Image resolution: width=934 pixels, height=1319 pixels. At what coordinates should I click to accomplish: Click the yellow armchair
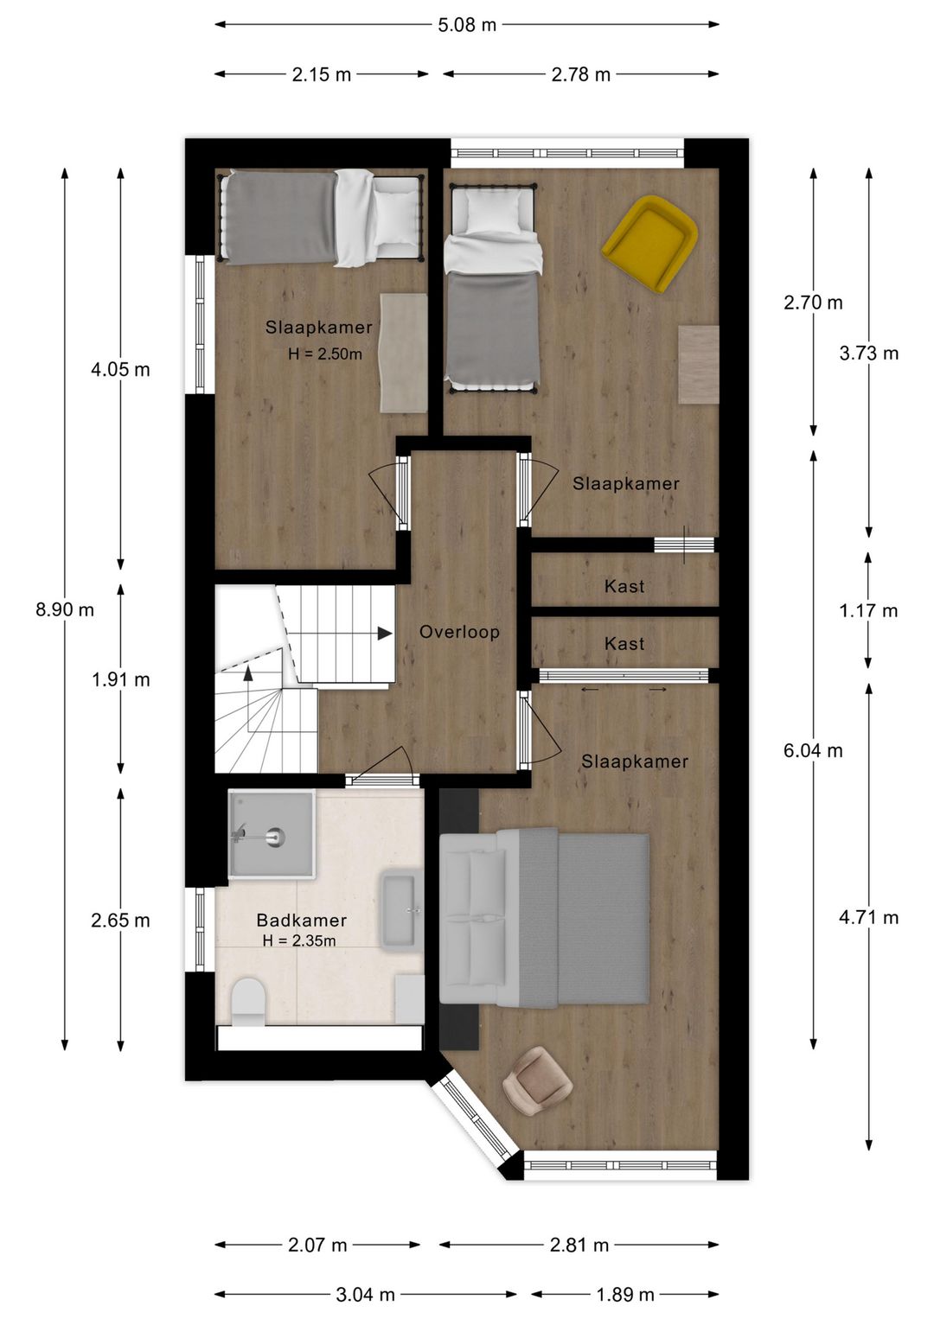[x=650, y=243]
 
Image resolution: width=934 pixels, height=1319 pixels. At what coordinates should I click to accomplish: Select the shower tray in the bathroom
[x=270, y=834]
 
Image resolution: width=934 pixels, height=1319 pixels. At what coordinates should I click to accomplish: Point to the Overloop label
[x=459, y=632]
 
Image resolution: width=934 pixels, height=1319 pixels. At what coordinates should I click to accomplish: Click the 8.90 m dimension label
[x=65, y=609]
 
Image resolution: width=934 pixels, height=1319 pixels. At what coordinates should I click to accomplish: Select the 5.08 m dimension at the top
[x=467, y=25]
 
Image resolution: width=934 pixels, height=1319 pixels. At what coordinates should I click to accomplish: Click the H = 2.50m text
[x=324, y=354]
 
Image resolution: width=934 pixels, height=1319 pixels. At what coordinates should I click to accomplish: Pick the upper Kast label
[x=624, y=586]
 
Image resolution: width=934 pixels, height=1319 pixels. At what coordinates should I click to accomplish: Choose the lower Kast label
[x=624, y=643]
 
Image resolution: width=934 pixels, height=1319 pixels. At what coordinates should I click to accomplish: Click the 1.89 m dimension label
[x=625, y=1294]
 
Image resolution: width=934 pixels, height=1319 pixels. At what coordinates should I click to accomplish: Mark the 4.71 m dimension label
[x=868, y=917]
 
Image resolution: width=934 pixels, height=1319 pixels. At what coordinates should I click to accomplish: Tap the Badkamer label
[x=302, y=921]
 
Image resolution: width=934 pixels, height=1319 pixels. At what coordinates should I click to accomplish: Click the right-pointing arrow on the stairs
[x=383, y=634]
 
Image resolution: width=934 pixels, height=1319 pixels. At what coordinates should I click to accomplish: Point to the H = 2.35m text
[x=299, y=940]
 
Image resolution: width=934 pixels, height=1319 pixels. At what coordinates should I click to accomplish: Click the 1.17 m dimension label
[x=868, y=610]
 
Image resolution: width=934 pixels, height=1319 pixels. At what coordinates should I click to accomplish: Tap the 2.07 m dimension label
[x=317, y=1245]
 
